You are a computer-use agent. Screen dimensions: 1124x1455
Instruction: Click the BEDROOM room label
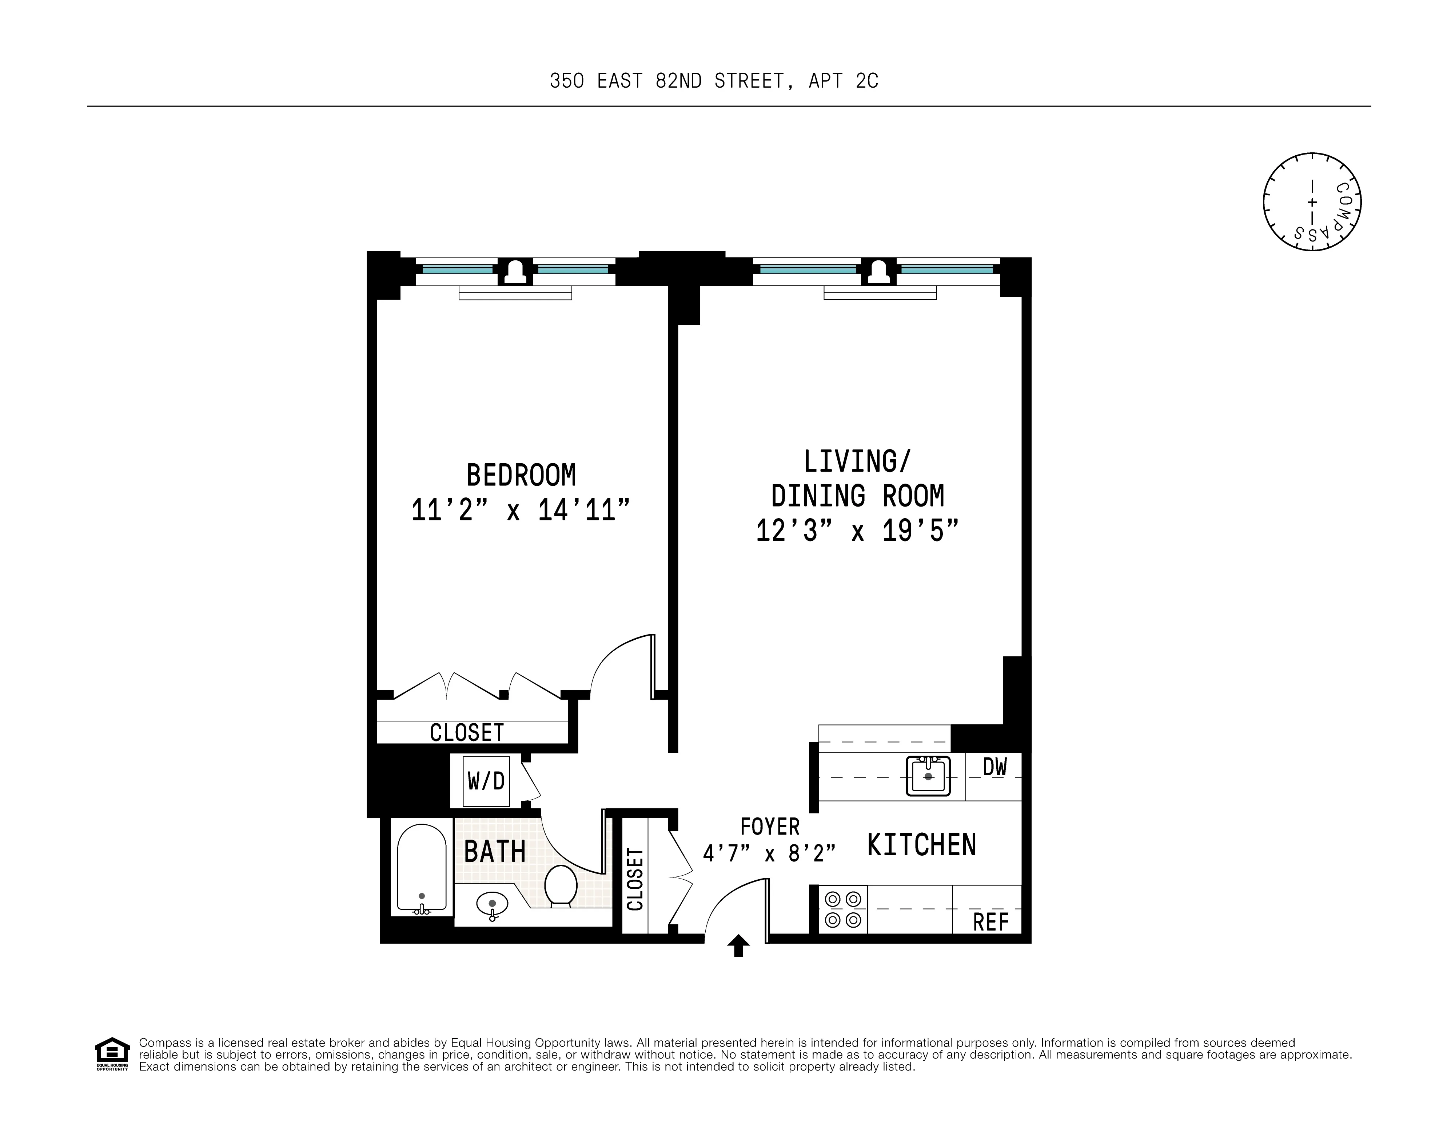(521, 475)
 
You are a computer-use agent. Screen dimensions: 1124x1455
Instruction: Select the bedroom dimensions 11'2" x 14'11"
(521, 511)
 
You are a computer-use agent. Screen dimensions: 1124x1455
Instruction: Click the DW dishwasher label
(994, 767)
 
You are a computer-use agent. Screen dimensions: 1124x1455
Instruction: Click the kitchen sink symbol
(928, 776)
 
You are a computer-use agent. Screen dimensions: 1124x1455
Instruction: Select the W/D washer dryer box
(486, 780)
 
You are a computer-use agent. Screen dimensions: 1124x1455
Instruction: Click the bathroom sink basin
(492, 904)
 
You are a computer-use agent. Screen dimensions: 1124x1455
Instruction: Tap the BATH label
(494, 852)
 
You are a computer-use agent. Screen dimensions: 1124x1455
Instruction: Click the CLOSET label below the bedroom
(466, 732)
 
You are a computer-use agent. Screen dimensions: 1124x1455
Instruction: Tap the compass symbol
(1312, 202)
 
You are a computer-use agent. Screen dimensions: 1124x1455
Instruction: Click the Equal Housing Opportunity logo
(112, 1053)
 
